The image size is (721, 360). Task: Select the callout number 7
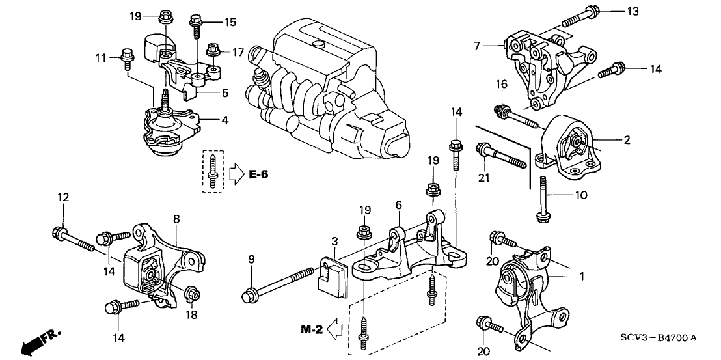(x=477, y=46)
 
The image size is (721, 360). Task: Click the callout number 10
(x=580, y=195)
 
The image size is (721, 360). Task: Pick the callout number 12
(x=63, y=197)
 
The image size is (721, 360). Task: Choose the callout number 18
(x=191, y=315)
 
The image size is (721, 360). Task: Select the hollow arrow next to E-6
(x=236, y=174)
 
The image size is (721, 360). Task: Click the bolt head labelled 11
(x=126, y=55)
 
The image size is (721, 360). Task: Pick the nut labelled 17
(x=213, y=48)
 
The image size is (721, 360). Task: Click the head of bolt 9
(x=249, y=295)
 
